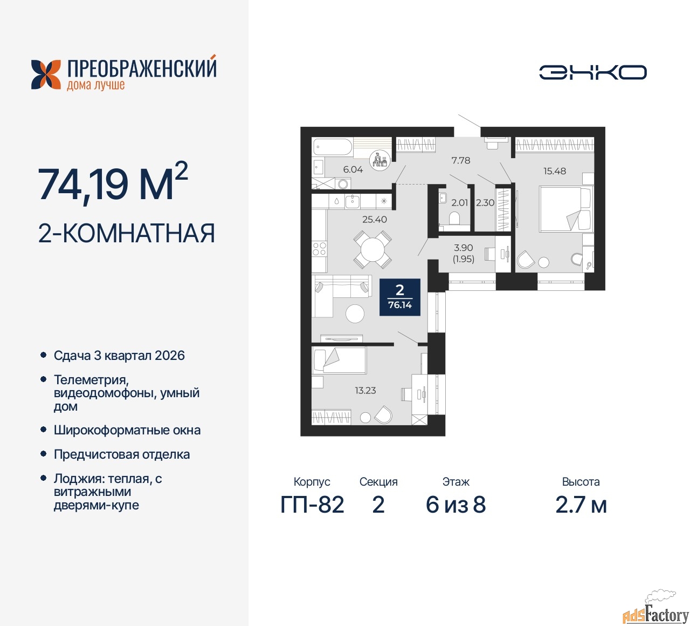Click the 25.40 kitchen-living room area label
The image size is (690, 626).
point(374,219)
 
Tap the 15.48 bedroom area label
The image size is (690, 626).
point(555,171)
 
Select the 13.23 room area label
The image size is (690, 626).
point(365,390)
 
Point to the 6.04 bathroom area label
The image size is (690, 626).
point(353,169)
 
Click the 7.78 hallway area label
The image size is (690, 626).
point(460,160)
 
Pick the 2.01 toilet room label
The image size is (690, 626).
point(459,202)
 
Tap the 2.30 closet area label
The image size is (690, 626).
point(485,202)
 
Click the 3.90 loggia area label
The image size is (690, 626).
point(464,247)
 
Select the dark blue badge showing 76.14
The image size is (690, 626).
point(399,297)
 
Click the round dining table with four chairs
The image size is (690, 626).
point(372,250)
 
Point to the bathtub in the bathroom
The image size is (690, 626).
point(332,147)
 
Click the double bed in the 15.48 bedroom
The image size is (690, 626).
point(567,209)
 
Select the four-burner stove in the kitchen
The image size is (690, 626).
point(319,249)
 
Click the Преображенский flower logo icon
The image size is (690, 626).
point(46,74)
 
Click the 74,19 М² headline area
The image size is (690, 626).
point(113,182)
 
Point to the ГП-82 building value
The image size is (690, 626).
point(312,505)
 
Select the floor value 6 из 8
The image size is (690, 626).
point(456,505)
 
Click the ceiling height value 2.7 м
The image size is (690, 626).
point(581,505)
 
